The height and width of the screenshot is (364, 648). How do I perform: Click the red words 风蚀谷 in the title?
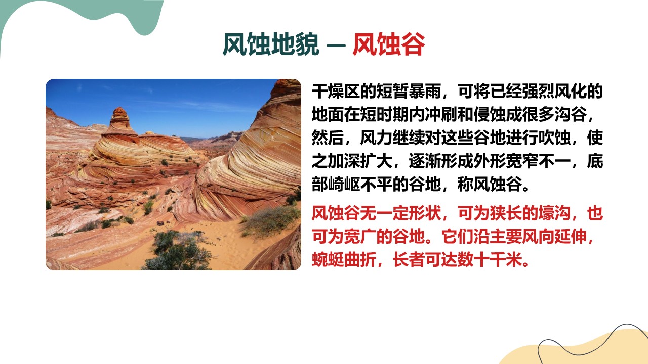(388, 44)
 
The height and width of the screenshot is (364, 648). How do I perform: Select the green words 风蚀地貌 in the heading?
(271, 44)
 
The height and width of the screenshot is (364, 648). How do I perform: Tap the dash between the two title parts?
(336, 45)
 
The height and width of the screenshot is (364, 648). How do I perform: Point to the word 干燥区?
(336, 92)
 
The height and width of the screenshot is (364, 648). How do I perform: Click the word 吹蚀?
(554, 138)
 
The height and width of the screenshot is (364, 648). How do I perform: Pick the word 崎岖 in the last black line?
(344, 184)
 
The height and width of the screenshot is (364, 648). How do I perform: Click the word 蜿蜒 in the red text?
(328, 260)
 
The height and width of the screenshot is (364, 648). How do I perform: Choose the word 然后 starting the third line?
(328, 138)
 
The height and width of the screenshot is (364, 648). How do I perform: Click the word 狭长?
(506, 213)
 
